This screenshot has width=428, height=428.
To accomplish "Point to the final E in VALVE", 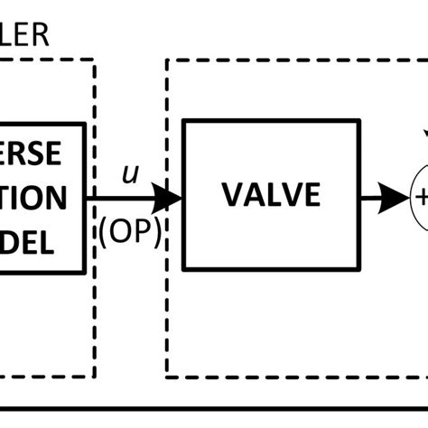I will point(312,195).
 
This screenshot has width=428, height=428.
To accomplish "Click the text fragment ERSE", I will point(31,154).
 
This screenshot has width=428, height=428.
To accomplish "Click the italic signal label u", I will point(130,174).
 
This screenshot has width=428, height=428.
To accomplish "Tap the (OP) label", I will point(130,231).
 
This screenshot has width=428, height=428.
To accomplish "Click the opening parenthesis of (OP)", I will point(107,232).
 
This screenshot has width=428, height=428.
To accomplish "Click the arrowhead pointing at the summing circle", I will point(395,196).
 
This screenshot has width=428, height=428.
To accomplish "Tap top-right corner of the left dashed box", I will point(95,61).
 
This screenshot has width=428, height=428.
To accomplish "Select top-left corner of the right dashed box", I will point(166,61).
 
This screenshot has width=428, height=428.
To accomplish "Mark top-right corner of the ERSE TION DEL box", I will point(85,124).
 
